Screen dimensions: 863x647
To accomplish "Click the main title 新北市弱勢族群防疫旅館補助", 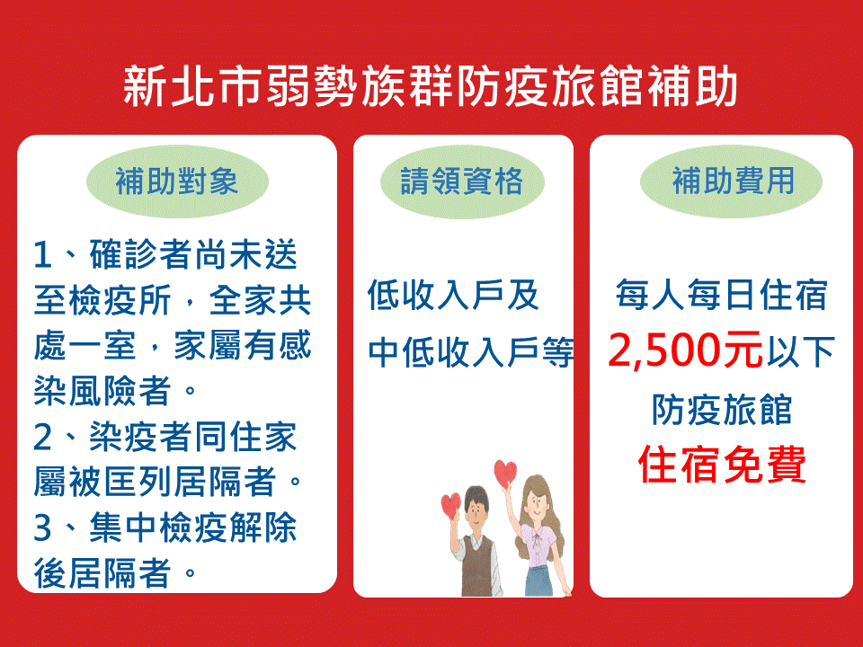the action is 430,86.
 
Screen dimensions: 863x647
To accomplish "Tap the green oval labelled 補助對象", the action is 177,181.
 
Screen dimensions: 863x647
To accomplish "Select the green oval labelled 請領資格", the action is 462,182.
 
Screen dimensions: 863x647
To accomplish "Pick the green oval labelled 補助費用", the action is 731,181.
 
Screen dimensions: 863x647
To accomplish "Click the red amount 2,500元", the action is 685,350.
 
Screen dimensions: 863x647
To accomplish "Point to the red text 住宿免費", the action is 722,465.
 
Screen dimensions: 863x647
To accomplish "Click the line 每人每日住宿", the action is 722,295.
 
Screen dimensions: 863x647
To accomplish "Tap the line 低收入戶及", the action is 453,295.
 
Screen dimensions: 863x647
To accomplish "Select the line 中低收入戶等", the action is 471,352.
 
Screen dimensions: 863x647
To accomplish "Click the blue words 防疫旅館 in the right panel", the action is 722,410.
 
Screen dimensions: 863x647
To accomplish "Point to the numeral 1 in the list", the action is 43,255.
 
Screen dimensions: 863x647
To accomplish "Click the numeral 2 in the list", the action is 43,438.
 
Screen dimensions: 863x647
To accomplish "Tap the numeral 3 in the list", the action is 43,527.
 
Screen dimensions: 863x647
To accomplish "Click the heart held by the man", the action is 450,504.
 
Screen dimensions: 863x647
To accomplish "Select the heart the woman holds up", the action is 505,473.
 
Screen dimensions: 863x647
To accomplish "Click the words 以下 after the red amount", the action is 800,351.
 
